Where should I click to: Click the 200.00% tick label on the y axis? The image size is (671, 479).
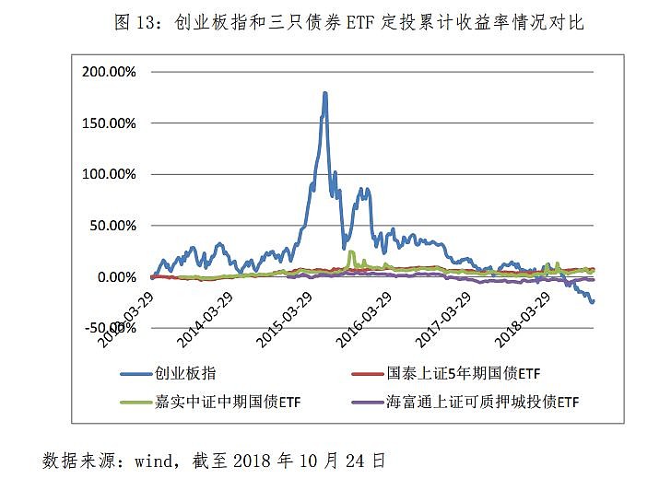point(109,71)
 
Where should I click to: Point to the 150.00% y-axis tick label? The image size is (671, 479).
point(109,123)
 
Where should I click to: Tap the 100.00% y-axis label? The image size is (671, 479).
point(109,174)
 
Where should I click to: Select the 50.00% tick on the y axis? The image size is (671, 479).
point(112,226)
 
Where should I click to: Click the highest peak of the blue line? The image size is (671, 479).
point(325,93)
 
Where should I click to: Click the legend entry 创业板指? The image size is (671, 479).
point(190,374)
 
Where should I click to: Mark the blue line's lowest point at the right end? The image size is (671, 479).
point(592,301)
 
